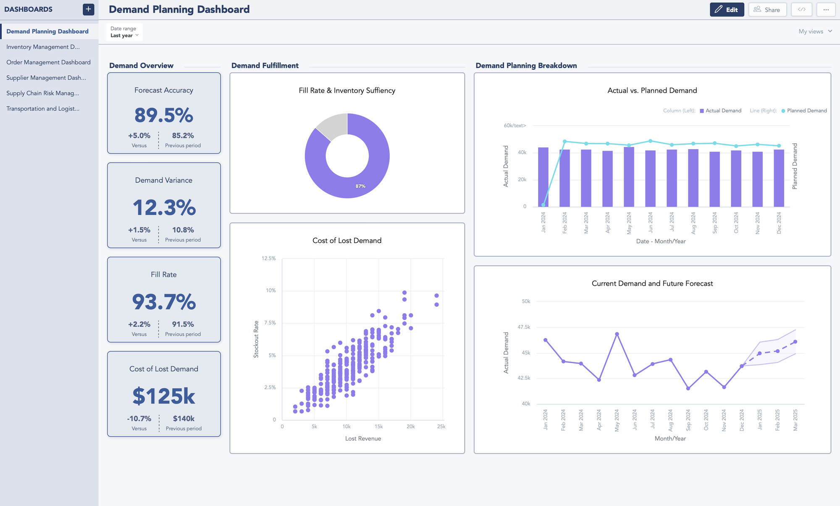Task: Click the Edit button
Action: point(727,10)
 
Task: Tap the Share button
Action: point(767,10)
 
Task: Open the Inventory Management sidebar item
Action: point(43,47)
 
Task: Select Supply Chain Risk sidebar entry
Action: point(42,93)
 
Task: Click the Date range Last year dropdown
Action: point(124,32)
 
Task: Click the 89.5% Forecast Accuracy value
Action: point(164,115)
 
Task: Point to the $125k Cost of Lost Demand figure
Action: point(164,396)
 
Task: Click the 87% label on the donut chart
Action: point(360,186)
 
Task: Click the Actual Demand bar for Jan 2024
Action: point(543,177)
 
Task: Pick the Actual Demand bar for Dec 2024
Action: point(779,177)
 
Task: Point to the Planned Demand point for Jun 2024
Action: point(650,141)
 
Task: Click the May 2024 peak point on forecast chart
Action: point(617,334)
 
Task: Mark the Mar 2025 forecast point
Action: point(795,342)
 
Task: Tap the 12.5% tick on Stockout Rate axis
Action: point(268,258)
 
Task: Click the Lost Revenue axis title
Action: point(363,438)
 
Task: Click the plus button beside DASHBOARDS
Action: point(88,9)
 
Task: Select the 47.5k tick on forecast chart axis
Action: point(523,327)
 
